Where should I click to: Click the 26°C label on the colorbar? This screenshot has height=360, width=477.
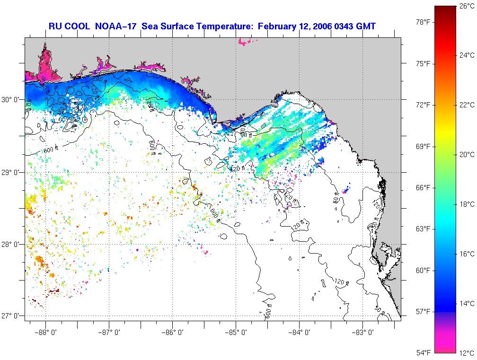467,6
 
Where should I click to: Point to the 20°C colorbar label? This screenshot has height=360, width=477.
467,154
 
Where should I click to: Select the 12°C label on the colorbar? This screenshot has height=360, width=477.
467,353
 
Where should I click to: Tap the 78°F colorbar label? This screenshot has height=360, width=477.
423,22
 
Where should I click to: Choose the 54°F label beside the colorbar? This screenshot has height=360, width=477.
423,353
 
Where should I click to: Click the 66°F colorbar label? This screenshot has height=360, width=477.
423,188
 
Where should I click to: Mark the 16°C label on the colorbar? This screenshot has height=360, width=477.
467,254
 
